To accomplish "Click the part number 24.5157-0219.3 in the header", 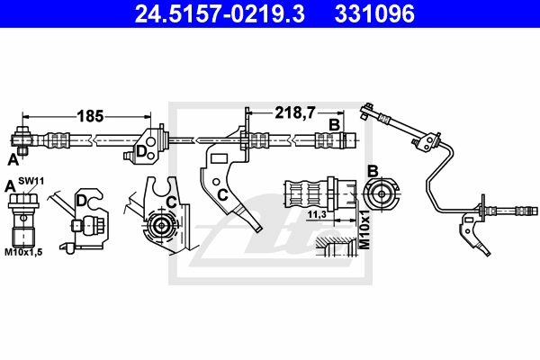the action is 220,13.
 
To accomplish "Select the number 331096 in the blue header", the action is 374,13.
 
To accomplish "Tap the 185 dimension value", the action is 90,116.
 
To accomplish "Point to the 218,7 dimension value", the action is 295,112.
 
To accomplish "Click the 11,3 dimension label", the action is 317,214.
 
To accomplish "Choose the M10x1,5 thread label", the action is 23,252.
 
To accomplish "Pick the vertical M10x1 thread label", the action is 364,228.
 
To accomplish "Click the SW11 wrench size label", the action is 31,181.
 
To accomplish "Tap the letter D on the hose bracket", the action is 141,151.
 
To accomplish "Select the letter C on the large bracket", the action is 223,195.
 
